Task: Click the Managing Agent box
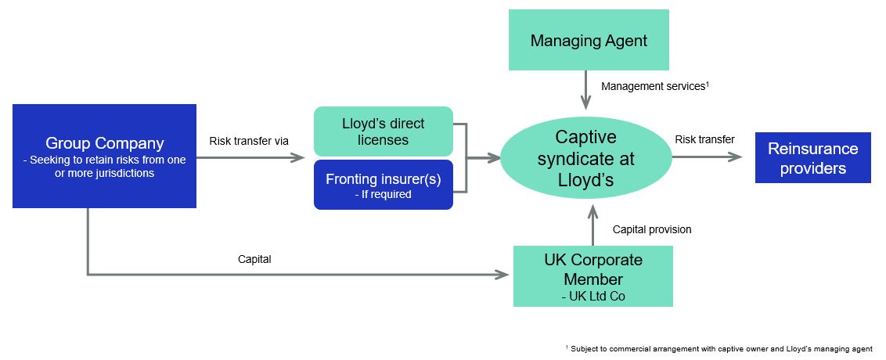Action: (x=589, y=40)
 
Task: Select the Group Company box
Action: (x=104, y=156)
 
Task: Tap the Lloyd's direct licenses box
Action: (x=383, y=131)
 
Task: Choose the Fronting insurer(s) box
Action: (x=383, y=185)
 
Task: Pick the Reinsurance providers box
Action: (x=812, y=157)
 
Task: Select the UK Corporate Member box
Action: (x=592, y=275)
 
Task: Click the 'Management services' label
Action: (x=654, y=86)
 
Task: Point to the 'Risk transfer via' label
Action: (x=249, y=141)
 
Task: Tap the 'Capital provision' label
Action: (x=652, y=229)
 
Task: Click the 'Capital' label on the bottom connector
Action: (x=254, y=259)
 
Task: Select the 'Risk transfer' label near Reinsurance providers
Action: (x=704, y=139)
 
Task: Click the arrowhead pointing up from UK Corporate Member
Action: (x=593, y=209)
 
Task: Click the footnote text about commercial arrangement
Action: (x=718, y=348)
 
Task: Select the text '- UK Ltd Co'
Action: (x=592, y=297)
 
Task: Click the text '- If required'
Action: (x=383, y=194)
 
